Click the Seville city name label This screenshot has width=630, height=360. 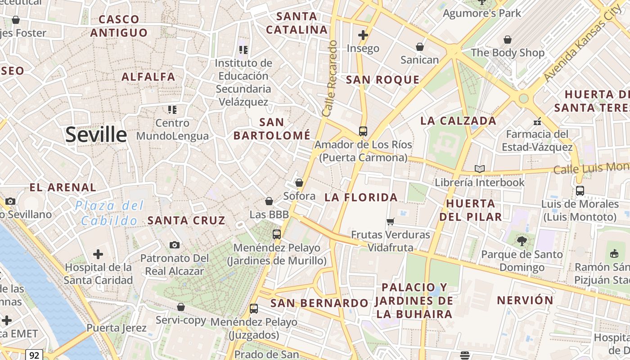pyautogui.click(x=96, y=135)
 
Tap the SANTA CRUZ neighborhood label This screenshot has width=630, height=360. pyautogui.click(x=186, y=220)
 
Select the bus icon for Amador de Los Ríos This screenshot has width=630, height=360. pyautogui.click(x=363, y=131)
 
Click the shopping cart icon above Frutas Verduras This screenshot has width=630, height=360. pyautogui.click(x=390, y=221)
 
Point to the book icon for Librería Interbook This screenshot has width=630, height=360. pyautogui.click(x=480, y=169)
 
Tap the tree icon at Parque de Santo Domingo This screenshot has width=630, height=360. pyautogui.click(x=522, y=241)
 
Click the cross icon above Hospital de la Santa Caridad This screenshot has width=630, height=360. pyautogui.click(x=98, y=254)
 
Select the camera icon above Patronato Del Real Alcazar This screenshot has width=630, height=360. pyautogui.click(x=175, y=245)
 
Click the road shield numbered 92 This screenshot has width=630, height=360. pyautogui.click(x=34, y=355)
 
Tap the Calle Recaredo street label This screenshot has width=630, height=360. pyautogui.click(x=329, y=79)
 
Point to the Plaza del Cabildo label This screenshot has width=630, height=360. pyautogui.click(x=110, y=213)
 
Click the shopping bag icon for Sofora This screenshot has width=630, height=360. pyautogui.click(x=299, y=183)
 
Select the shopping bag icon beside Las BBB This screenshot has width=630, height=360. pyautogui.click(x=269, y=201)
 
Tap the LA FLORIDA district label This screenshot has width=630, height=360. pyautogui.click(x=361, y=197)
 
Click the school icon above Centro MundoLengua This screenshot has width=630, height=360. pyautogui.click(x=172, y=109)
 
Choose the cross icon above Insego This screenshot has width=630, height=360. pyautogui.click(x=363, y=35)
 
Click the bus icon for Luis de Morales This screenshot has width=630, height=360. pyautogui.click(x=580, y=191)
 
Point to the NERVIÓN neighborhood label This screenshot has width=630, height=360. pyautogui.click(x=525, y=300)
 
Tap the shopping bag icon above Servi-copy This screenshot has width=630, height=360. pyautogui.click(x=180, y=307)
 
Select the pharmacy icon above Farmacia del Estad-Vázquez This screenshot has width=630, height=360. pyautogui.click(x=537, y=121)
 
